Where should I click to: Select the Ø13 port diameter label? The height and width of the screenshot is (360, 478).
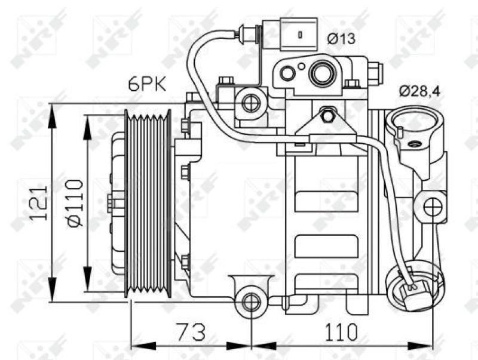point(341,39)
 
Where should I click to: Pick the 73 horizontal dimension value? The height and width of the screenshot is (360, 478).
point(190,331)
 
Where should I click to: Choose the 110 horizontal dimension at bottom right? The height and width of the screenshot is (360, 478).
point(341,331)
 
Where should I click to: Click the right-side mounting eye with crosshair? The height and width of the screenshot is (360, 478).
point(432,207)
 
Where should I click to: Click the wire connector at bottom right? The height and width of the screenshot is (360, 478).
point(412,293)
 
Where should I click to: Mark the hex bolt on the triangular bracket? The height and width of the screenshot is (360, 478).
point(326,115)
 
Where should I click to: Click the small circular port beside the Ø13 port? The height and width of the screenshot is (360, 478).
point(287,73)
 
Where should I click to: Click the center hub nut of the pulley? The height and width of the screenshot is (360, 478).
point(112,202)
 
